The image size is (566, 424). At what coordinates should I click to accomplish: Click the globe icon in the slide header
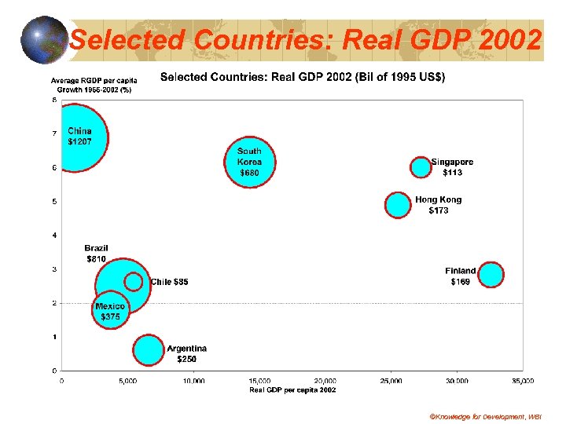(x=44, y=38)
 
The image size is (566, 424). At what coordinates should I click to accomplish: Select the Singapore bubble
(x=421, y=166)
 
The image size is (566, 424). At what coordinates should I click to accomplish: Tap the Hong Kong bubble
(x=399, y=205)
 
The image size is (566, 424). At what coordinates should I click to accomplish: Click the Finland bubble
(x=491, y=275)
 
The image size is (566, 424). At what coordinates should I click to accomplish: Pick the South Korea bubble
(x=249, y=163)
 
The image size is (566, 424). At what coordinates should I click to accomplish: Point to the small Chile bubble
(x=134, y=281)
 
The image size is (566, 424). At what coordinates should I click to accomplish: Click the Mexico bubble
(x=110, y=312)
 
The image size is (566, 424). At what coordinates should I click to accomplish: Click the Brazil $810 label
(x=96, y=254)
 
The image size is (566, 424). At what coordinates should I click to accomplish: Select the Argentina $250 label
(x=187, y=353)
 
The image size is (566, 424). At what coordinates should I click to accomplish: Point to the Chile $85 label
(x=169, y=282)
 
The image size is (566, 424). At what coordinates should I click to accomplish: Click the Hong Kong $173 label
(x=439, y=206)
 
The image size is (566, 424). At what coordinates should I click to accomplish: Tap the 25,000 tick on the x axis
(x=391, y=381)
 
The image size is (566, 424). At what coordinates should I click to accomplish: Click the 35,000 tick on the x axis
(x=522, y=381)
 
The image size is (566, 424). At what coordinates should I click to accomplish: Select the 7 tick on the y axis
(x=54, y=133)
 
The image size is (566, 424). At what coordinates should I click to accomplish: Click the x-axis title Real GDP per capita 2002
(x=292, y=389)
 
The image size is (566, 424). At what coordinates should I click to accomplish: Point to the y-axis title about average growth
(x=91, y=86)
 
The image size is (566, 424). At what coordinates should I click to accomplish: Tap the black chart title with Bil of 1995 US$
(x=303, y=77)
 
